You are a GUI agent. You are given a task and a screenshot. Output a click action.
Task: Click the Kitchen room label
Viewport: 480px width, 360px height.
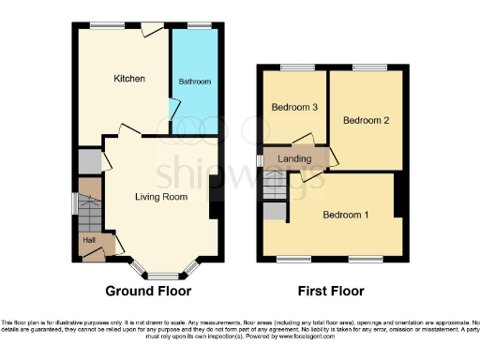(129, 79)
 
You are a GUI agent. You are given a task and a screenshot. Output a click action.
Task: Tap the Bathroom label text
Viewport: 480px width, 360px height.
(195, 82)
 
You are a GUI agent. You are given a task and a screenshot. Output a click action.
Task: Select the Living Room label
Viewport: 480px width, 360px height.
(161, 197)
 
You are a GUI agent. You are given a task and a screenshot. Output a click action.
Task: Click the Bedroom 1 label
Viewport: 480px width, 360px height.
(345, 216)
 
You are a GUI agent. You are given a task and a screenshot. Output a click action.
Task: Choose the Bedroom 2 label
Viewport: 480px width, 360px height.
(366, 120)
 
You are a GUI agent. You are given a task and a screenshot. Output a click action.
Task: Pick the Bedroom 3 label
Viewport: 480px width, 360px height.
(294, 108)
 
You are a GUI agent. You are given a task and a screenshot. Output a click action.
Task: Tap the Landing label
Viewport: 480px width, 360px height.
(294, 159)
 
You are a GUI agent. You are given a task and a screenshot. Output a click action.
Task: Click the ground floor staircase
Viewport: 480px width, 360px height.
(88, 214)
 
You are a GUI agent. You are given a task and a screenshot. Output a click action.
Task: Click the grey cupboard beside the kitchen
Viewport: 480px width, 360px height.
(89, 162)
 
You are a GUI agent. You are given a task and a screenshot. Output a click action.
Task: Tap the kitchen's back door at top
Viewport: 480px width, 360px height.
(150, 30)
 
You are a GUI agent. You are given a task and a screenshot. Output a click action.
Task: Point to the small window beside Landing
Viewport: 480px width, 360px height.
(262, 160)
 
